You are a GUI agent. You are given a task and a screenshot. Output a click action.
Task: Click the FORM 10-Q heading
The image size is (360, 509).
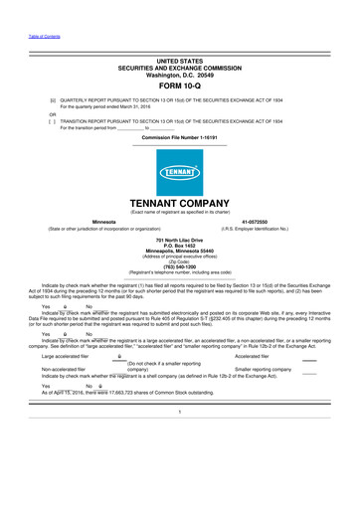tap(180, 85)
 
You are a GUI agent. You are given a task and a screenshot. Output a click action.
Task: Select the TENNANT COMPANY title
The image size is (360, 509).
tap(180, 202)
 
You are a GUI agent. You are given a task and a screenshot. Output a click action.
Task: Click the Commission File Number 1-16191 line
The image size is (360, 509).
tap(180, 136)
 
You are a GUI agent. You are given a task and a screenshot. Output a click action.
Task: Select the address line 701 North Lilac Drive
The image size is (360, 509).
tap(180, 241)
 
